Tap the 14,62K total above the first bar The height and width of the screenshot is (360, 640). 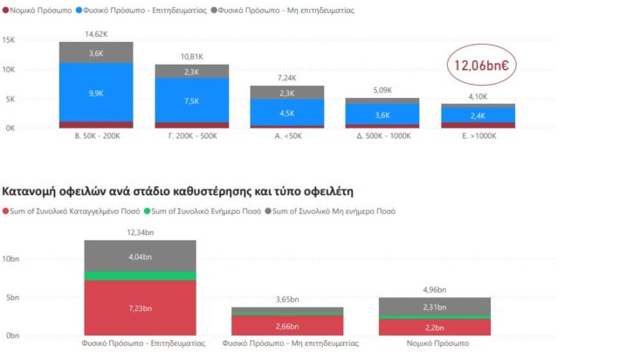pyautogui.click(x=96, y=34)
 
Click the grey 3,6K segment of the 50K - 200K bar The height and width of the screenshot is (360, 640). pyautogui.click(x=96, y=53)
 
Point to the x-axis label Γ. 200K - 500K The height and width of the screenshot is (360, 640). pyautogui.click(x=192, y=136)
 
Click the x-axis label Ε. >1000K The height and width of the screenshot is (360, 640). pyautogui.click(x=478, y=136)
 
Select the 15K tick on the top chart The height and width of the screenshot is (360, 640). pyautogui.click(x=9, y=41)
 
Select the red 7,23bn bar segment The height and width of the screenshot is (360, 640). pyautogui.click(x=140, y=308)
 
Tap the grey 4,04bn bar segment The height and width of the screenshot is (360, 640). pyautogui.click(x=140, y=257)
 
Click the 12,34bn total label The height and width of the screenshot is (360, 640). pyautogui.click(x=140, y=232)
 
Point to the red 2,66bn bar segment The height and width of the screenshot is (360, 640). pyautogui.click(x=287, y=326)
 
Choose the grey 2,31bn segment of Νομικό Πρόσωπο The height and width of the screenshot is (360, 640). pyautogui.click(x=435, y=307)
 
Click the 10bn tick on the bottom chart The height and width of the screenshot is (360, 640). pyautogui.click(x=10, y=260)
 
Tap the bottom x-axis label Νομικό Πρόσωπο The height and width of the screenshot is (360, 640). pyautogui.click(x=435, y=344)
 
